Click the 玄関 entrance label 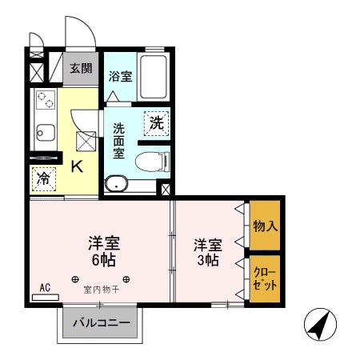pyautogui.click(x=78, y=68)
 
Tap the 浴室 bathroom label pyautogui.click(x=121, y=77)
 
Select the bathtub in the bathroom pyautogui.click(x=154, y=77)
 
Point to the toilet pyautogui.click(x=153, y=162)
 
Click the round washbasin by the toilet pyautogui.click(x=117, y=183)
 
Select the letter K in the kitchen pyautogui.click(x=78, y=166)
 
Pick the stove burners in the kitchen pyautogui.click(x=45, y=102)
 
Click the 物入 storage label pyautogui.click(x=265, y=226)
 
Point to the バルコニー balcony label pyautogui.click(x=99, y=324)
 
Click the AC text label pyautogui.click(x=45, y=287)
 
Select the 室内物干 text pyautogui.click(x=102, y=290)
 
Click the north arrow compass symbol pyautogui.click(x=320, y=325)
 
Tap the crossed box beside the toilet pyautogui.click(x=165, y=190)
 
